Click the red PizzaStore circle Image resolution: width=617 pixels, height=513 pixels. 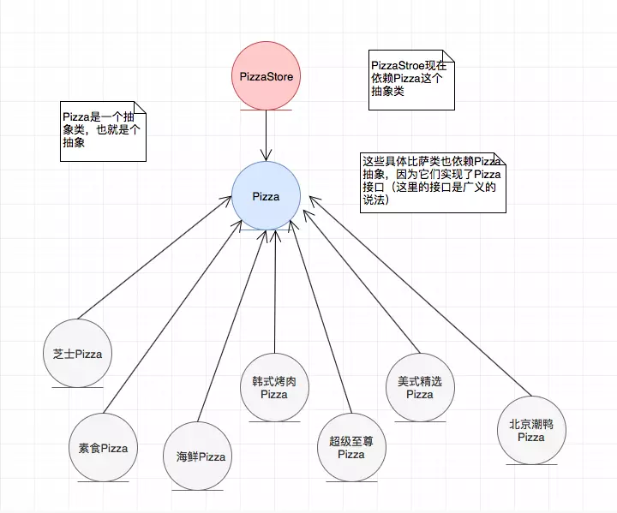(x=266, y=77)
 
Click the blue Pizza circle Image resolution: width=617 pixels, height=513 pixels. (x=266, y=197)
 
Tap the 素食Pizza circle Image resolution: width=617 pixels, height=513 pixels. (x=103, y=448)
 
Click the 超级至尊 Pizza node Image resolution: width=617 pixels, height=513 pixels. (x=351, y=448)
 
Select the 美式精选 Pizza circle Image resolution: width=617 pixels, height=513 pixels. (x=420, y=387)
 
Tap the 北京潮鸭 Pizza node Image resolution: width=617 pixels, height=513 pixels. (x=531, y=430)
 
